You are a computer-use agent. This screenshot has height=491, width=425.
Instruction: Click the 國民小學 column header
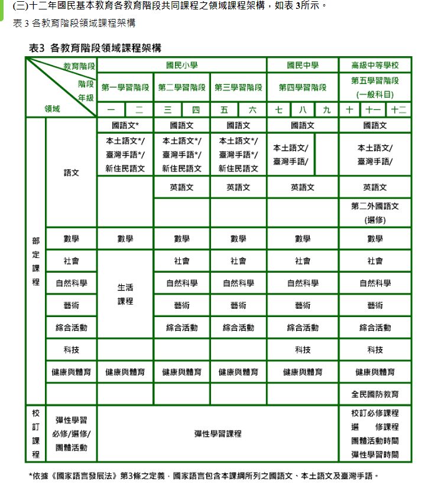pos(181,65)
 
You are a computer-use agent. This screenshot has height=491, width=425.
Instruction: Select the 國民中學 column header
pos(302,65)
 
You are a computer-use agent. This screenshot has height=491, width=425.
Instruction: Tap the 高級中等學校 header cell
pos(375,65)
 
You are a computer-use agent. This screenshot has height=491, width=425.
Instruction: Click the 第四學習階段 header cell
pos(302,88)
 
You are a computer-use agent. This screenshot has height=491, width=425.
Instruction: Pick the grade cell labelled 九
pos(326,110)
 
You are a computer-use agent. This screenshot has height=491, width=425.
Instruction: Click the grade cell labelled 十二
pos(399,110)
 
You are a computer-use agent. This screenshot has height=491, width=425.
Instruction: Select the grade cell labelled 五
pos(224,110)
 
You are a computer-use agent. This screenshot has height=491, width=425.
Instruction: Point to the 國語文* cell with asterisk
pos(125,125)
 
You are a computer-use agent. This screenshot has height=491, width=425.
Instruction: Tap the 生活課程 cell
pos(125,294)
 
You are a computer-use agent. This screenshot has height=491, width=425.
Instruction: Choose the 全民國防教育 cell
pos(375,394)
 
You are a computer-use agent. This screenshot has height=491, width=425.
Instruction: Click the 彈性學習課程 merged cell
pos(218,434)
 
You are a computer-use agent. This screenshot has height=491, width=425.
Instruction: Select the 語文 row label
pos(71,173)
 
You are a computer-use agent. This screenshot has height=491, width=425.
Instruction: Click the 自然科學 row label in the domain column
pos(71,283)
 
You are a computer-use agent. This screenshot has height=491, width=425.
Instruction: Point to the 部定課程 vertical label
pos(35,261)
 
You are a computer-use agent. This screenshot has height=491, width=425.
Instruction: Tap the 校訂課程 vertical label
pos(35,434)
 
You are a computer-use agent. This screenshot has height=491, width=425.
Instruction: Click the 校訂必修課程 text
pos(375,413)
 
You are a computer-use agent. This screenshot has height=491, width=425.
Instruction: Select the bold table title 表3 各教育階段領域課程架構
pos(95,47)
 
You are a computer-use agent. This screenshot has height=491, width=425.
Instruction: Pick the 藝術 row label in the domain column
pos(71,305)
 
